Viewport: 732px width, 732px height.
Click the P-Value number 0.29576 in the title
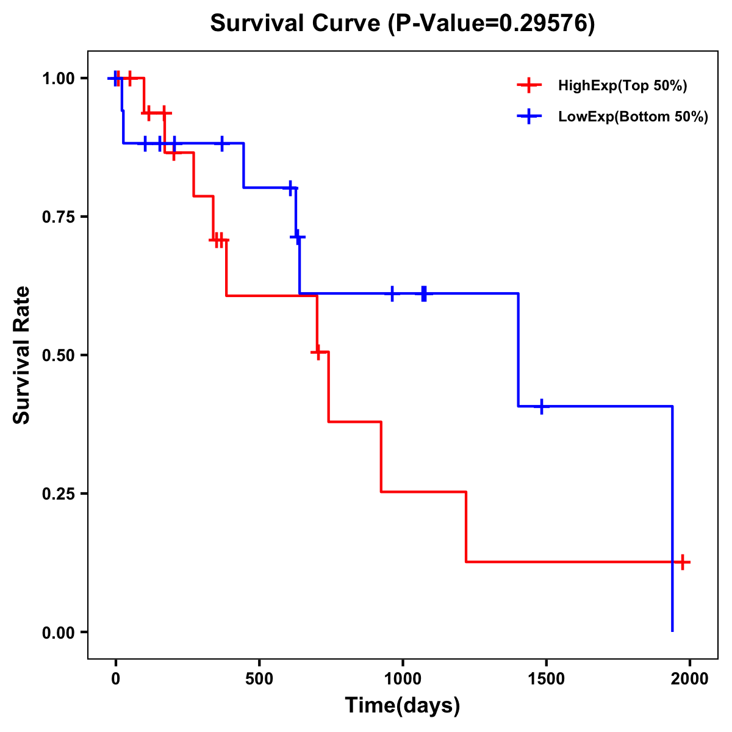tap(544, 24)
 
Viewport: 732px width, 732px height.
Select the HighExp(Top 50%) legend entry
tap(622, 86)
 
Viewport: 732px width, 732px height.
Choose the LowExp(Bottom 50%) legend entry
tap(633, 117)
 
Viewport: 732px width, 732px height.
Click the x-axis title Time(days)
tap(403, 706)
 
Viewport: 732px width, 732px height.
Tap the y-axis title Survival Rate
tap(22, 355)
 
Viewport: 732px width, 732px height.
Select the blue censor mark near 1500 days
tap(541, 406)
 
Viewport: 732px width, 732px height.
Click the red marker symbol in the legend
tap(529, 86)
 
